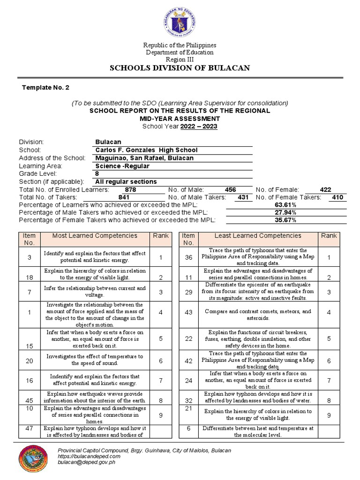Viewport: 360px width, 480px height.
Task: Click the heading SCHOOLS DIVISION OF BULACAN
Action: point(180,68)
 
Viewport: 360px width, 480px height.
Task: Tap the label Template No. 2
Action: point(46,88)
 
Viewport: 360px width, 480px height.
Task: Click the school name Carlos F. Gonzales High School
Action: point(146,150)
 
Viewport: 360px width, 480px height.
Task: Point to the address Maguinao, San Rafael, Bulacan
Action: point(144,158)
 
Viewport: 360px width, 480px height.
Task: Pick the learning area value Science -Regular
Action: point(121,166)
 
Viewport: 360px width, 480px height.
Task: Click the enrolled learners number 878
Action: point(130,190)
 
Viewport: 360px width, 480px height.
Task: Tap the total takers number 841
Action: point(124,197)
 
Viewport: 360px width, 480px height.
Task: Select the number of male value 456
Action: point(231,190)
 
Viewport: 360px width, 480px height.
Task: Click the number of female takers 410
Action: point(337,197)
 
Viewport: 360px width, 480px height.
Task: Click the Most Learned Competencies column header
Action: point(95,236)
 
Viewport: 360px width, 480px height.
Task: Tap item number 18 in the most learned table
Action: point(29,277)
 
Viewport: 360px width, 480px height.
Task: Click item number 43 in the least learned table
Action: point(188,312)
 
